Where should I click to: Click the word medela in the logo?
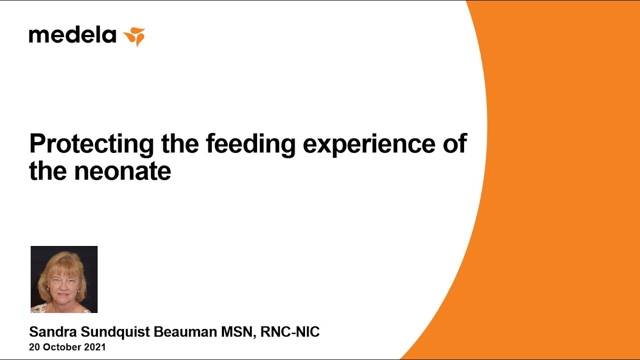[72, 35]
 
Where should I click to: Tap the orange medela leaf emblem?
[134, 37]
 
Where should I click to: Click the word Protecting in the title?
[91, 145]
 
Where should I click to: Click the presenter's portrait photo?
[64, 279]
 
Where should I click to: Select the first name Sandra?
[53, 331]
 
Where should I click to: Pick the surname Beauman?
[185, 331]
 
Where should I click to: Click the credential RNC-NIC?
[289, 331]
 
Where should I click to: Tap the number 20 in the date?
[34, 347]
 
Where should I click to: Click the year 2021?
[95, 347]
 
